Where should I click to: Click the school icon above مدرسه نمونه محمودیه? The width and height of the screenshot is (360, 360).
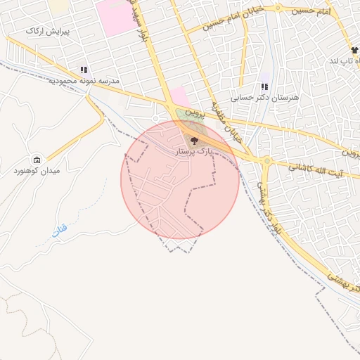pyautogui.click(x=84, y=70)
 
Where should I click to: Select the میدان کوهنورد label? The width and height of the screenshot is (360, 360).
pyautogui.click(x=36, y=171)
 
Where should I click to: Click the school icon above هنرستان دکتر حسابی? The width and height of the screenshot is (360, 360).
pyautogui.click(x=264, y=87)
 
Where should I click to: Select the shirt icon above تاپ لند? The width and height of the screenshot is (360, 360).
pyautogui.click(x=354, y=51)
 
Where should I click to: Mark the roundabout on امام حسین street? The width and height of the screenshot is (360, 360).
pyautogui.click(x=278, y=9)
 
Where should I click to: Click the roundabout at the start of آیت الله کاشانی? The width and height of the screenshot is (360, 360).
pyautogui.click(x=267, y=161)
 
